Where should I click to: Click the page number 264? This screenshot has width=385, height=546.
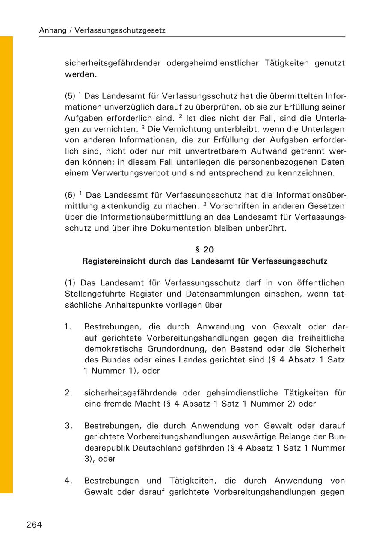tap(34, 525)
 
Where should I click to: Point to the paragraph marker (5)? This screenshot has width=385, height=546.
tap(70, 96)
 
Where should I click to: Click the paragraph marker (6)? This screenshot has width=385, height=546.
tap(70, 195)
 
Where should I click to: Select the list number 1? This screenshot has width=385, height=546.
tap(68, 327)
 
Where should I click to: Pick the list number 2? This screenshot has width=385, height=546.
tap(68, 393)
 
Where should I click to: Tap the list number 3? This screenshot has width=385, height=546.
tap(68, 426)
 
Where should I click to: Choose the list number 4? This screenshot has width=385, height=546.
tap(68, 481)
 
